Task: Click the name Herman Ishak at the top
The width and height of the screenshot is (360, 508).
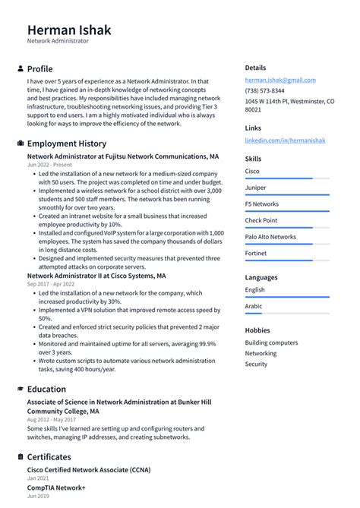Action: click(x=69, y=30)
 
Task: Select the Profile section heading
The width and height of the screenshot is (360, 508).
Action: click(x=39, y=68)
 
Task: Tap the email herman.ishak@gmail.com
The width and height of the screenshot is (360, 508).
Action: click(x=280, y=80)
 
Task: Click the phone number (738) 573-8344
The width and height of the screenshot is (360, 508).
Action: click(x=264, y=90)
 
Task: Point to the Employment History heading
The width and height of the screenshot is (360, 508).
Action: click(x=67, y=144)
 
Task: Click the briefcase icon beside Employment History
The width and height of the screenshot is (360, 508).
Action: click(x=20, y=144)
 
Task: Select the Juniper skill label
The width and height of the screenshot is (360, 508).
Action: click(x=255, y=187)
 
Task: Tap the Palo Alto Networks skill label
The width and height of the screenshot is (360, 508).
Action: click(x=270, y=237)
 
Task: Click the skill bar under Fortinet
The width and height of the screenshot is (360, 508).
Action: click(x=287, y=260)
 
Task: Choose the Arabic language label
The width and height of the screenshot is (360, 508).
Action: click(x=254, y=306)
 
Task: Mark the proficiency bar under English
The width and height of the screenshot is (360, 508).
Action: click(x=287, y=297)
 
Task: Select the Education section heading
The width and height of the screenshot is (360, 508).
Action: click(x=46, y=389)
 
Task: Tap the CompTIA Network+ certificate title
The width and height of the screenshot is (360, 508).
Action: click(x=56, y=487)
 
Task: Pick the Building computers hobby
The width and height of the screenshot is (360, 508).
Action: click(x=272, y=342)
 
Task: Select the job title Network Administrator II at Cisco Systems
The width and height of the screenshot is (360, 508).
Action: click(x=96, y=275)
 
